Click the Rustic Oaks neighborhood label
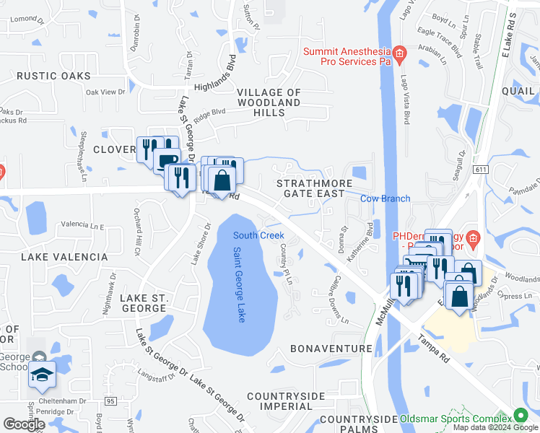[54, 76]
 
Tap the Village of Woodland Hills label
[269, 98]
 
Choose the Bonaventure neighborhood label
[331, 349]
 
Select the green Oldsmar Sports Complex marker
[519, 416]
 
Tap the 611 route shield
[480, 169]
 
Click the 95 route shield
[110, 401]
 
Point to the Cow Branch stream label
[386, 198]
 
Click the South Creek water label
[258, 235]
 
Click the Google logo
[24, 424]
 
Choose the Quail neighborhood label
[519, 90]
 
